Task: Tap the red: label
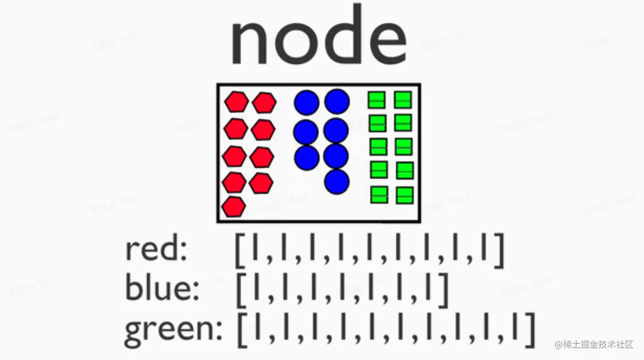click(x=156, y=250)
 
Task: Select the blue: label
click(x=162, y=287)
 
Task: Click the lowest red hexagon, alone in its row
click(x=234, y=207)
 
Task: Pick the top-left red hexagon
click(x=236, y=102)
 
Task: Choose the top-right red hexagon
click(x=264, y=103)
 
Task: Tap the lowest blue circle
click(x=337, y=181)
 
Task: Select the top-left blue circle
click(x=307, y=102)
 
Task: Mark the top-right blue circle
click(x=337, y=101)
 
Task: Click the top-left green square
click(x=377, y=100)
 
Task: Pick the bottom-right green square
click(x=405, y=195)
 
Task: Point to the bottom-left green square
click(x=379, y=195)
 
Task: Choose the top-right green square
click(x=403, y=100)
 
